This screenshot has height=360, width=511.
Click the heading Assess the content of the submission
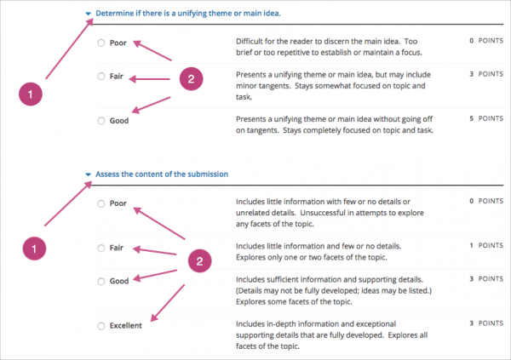pos(162,174)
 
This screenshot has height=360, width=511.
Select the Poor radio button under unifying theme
pos(101,43)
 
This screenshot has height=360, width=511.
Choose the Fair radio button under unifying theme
pos(101,77)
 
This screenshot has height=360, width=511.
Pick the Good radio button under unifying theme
pos(101,121)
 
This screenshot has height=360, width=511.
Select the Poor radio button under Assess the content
pos(101,203)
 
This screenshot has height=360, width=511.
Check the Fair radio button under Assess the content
pos(101,248)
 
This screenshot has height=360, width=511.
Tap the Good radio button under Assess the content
pos(101,281)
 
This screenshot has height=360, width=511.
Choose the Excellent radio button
pos(101,325)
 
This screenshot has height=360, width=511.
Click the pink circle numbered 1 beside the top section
pos(31,95)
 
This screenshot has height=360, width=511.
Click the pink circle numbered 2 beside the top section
pos(191,79)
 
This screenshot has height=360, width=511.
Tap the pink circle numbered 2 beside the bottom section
pos(198,260)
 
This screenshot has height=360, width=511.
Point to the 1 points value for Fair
pos(481,245)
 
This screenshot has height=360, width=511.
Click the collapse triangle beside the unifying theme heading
pos(88,14)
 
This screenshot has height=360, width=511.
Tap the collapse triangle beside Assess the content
pos(88,174)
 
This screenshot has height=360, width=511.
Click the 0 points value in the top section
pos(481,40)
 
